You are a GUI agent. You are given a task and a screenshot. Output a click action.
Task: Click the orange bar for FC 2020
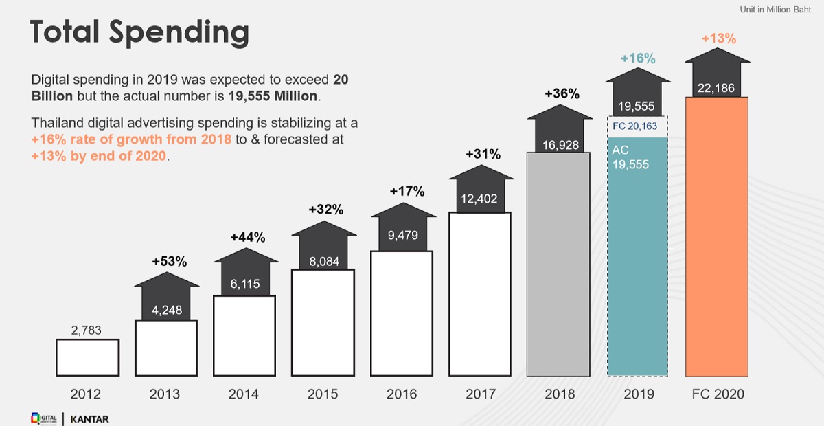[716, 237]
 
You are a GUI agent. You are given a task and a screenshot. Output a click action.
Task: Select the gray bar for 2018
[558, 265]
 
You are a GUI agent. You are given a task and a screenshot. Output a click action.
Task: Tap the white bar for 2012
[87, 357]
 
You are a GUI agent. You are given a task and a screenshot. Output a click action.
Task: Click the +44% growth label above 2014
[247, 237]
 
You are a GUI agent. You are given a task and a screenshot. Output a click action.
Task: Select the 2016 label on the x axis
[402, 394]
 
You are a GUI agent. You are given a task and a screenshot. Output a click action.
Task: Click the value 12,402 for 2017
[479, 200]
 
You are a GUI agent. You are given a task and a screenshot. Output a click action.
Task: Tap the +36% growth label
[562, 94]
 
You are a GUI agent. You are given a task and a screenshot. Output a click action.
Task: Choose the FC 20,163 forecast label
[638, 126]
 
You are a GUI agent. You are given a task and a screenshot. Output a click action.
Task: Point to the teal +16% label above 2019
[638, 58]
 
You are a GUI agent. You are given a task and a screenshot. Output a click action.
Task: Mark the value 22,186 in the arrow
[717, 87]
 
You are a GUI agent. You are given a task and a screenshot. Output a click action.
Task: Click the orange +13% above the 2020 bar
[718, 38]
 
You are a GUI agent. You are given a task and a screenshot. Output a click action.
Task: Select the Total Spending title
[139, 32]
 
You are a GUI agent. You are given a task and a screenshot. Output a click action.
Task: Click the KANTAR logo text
[89, 418]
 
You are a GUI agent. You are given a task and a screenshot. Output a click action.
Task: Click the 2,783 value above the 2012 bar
[87, 330]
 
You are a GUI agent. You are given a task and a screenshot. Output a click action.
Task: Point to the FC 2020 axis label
[718, 394]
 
